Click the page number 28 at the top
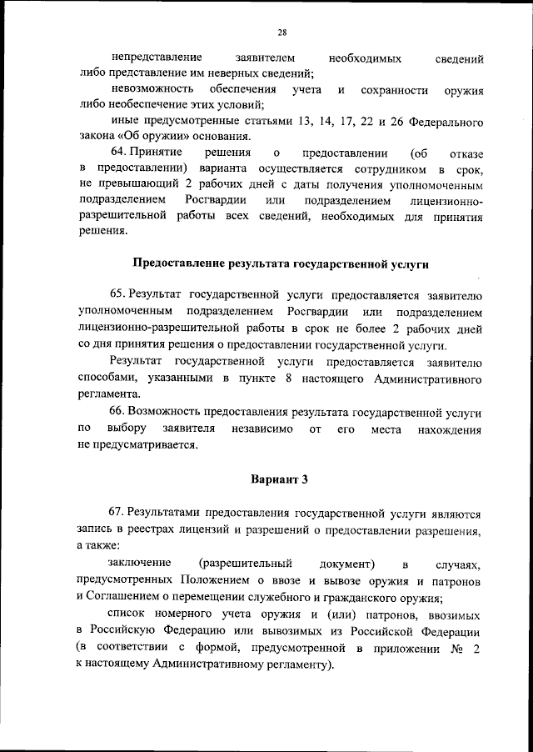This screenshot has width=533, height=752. pos(282,33)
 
